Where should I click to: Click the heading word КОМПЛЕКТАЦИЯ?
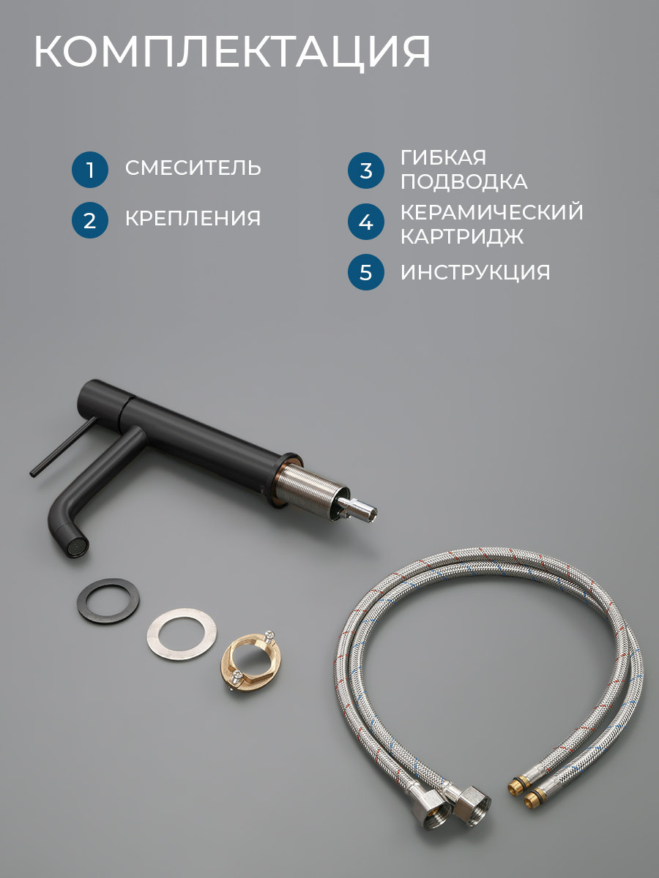pyautogui.click(x=232, y=53)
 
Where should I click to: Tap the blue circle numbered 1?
pyautogui.click(x=90, y=170)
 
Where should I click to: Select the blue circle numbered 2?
pyautogui.click(x=90, y=220)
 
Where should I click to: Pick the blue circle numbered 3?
pyautogui.click(x=365, y=170)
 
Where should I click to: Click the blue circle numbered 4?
pyautogui.click(x=365, y=222)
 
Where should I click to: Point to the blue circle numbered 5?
pyautogui.click(x=365, y=272)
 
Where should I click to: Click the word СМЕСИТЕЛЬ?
pyautogui.click(x=193, y=168)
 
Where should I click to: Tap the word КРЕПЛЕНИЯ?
pyautogui.click(x=193, y=218)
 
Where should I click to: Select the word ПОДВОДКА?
pyautogui.click(x=464, y=181)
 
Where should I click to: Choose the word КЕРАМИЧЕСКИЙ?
pyautogui.click(x=492, y=212)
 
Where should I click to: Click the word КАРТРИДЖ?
pyautogui.click(x=462, y=236)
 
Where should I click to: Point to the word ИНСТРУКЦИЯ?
pyautogui.click(x=475, y=272)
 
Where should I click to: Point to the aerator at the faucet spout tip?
pyautogui.click(x=79, y=545)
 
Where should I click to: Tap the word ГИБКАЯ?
pyautogui.click(x=443, y=157)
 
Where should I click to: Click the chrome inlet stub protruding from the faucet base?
pyautogui.click(x=357, y=507)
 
